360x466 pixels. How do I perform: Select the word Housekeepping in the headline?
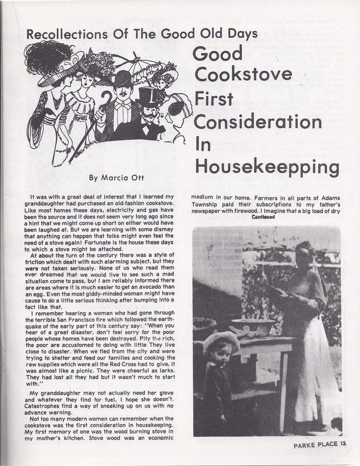[267, 166]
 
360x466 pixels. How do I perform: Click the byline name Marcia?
[111, 178]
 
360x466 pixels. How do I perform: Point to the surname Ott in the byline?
[136, 178]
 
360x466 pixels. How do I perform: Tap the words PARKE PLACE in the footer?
[315, 445]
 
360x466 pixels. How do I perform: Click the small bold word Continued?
[264, 217]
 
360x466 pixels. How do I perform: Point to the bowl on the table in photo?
[252, 326]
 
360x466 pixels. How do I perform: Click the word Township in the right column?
[212, 205]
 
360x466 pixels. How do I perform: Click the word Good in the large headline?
[218, 54]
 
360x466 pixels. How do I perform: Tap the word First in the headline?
[213, 99]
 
